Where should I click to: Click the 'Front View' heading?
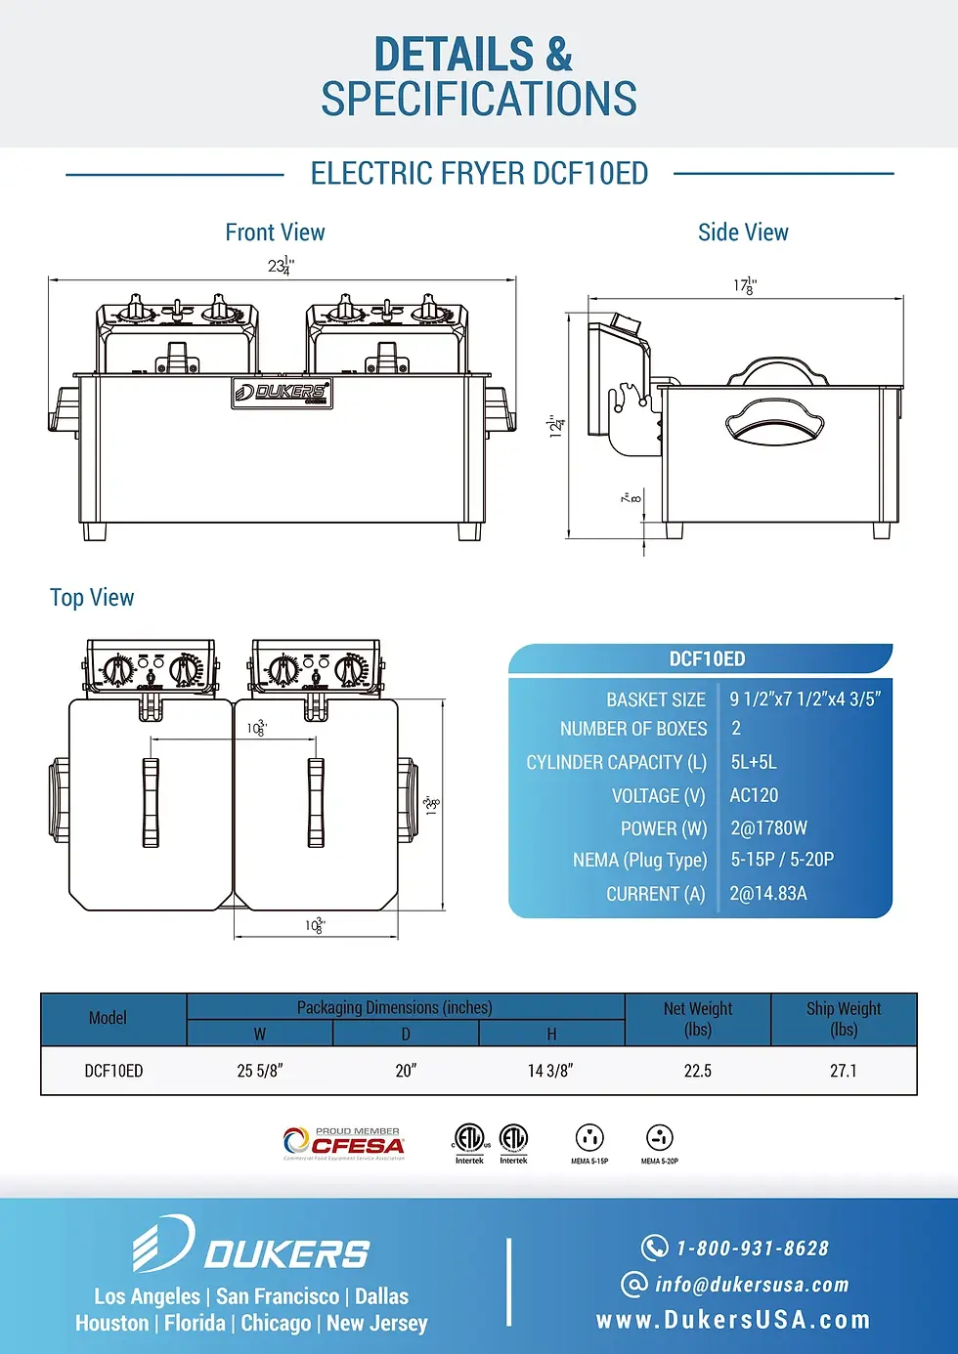(x=275, y=233)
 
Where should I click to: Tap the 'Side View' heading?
(x=743, y=233)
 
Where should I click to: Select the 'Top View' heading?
(x=92, y=598)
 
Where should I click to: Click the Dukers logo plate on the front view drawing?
(x=282, y=393)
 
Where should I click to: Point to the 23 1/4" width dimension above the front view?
(x=282, y=266)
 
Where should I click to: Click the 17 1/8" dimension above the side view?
(x=745, y=286)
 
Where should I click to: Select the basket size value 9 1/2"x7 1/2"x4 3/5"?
(x=806, y=699)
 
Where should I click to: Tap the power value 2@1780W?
(x=769, y=828)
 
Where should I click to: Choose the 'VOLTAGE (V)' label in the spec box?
(x=658, y=796)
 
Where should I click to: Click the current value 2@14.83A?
(x=768, y=894)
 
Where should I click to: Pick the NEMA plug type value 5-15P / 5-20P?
(x=782, y=860)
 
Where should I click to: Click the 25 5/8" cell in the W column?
(x=260, y=1072)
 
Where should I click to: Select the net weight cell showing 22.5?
(x=698, y=1072)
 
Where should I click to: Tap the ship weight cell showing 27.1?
(x=844, y=1072)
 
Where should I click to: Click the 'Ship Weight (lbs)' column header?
(x=844, y=1019)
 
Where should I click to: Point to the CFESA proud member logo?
(x=344, y=1143)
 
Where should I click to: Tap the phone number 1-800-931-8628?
(x=753, y=1248)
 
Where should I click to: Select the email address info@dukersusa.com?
(x=752, y=1285)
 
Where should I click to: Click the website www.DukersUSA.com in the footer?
(x=733, y=1321)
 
